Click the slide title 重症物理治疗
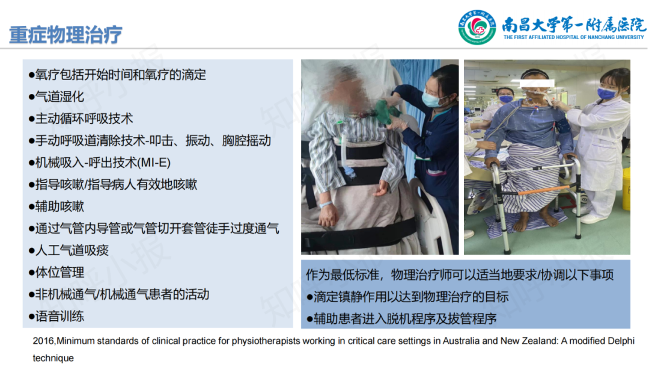[66, 35]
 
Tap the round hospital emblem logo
[477, 27]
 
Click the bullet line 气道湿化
[56, 97]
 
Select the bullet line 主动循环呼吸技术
[81, 119]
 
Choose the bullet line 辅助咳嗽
[56, 206]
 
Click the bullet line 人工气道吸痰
[69, 250]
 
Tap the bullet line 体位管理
[56, 272]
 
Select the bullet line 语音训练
[56, 316]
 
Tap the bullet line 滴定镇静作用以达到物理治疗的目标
[407, 297]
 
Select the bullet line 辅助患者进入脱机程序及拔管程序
[401, 319]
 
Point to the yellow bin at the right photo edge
[626, 188]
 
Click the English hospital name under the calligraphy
[574, 37]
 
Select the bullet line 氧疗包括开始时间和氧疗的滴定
[117, 75]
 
